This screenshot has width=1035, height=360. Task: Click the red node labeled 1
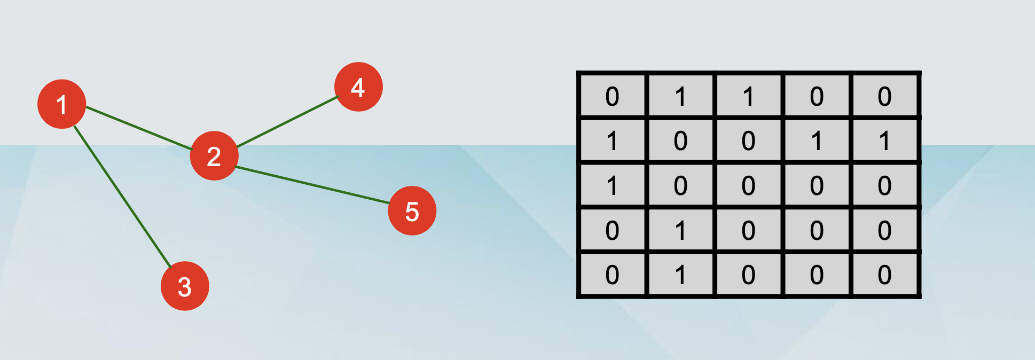tap(62, 104)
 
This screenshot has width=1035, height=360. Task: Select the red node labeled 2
tap(214, 156)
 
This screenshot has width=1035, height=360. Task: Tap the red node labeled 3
tap(185, 286)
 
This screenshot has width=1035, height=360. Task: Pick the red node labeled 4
tap(358, 87)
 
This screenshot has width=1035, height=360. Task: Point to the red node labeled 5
tap(412, 211)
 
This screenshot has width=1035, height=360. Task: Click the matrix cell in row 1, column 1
tap(613, 96)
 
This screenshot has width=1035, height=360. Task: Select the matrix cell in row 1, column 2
tap(680, 96)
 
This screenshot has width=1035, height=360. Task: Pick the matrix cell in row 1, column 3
tap(748, 96)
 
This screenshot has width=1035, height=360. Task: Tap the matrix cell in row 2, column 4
tap(817, 141)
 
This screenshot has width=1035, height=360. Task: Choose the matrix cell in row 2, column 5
tap(884, 141)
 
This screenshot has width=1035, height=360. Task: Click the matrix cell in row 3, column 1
tap(613, 185)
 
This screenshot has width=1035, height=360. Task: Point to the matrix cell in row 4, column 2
tap(680, 230)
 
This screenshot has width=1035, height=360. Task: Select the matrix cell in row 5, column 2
tap(680, 275)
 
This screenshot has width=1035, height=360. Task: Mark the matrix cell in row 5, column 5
tap(884, 275)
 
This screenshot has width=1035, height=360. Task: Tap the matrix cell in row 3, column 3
tap(748, 185)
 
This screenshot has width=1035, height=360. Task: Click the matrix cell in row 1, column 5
tap(884, 96)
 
